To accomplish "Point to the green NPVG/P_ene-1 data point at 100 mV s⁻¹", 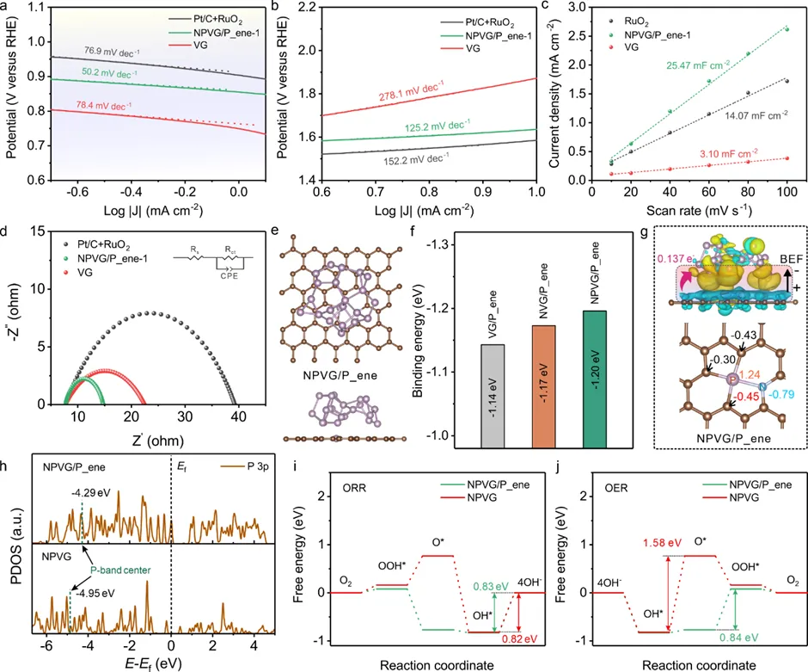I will coord(786,29).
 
